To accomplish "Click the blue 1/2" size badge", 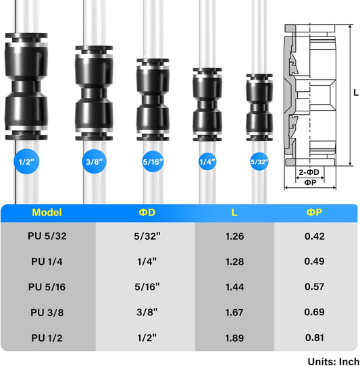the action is (x=26, y=161).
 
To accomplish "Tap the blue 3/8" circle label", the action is (x=95, y=161).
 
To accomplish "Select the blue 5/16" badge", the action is (x=153, y=161).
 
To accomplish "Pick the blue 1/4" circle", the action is (x=207, y=161).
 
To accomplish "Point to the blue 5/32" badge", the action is (x=259, y=161).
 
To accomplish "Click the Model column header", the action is (x=47, y=213).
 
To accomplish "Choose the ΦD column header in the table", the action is (x=147, y=213).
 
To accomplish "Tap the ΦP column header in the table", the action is (x=314, y=213).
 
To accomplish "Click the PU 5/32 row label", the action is (x=47, y=236).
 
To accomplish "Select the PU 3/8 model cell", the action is (x=47, y=313).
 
